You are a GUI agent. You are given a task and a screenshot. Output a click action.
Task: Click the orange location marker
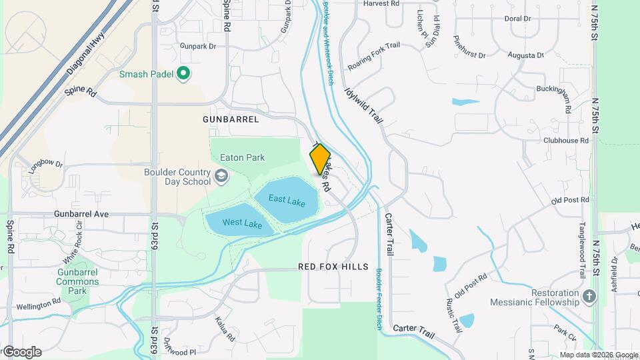click(x=320, y=159)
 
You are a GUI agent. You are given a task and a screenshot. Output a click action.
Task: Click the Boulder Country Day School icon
click(x=221, y=176)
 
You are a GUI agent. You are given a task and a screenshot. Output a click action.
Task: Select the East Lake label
click(x=287, y=199)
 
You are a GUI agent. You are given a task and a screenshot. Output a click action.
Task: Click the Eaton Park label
click(x=242, y=158)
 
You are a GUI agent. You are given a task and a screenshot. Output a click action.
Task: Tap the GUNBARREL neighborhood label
click(x=231, y=119)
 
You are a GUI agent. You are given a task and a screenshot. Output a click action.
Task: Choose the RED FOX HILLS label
click(x=333, y=267)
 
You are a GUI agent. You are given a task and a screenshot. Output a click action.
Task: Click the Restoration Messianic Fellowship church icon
click(x=589, y=295)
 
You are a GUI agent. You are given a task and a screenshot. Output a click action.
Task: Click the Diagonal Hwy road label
click(x=87, y=55)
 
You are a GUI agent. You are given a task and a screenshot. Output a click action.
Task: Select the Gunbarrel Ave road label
click(x=81, y=215)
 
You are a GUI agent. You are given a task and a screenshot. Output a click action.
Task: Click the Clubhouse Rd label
click(x=566, y=141)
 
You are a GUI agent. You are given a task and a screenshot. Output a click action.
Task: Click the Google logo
click(x=21, y=351)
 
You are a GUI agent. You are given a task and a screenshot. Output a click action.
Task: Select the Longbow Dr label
click(x=45, y=163)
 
